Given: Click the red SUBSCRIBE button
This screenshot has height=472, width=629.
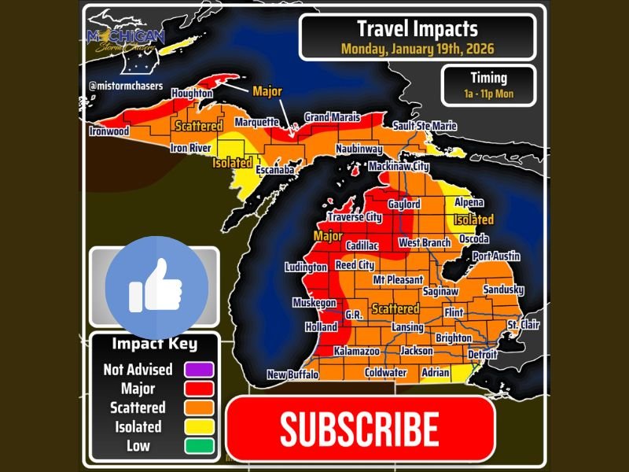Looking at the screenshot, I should tap(359, 429).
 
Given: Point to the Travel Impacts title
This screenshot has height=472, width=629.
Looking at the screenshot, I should tap(417, 30).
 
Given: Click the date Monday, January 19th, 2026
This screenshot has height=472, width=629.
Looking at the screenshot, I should tap(417, 49).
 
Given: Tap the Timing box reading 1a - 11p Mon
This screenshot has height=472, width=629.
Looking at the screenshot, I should tap(488, 86).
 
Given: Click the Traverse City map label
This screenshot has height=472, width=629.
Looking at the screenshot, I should tap(355, 217).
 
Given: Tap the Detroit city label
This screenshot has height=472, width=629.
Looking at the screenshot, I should tap(484, 355).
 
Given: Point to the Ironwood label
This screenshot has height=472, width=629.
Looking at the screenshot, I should tap(109, 131).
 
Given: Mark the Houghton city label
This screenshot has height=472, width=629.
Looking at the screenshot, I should tap(191, 94).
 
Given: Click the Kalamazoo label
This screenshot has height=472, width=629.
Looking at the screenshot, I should tap(357, 351).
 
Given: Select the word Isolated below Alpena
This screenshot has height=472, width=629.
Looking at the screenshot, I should tap(473, 219).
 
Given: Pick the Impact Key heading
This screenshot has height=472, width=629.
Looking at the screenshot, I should tap(154, 344).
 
